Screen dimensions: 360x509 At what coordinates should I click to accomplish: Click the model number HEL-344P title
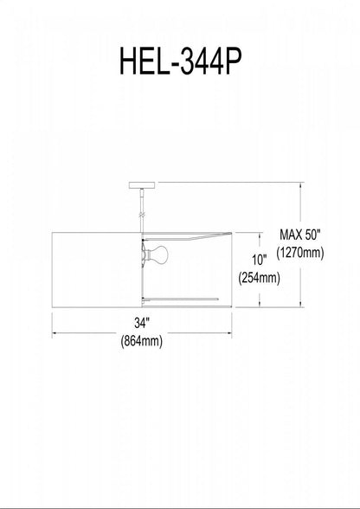pyautogui.click(x=181, y=61)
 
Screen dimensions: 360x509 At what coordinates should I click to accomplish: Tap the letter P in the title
pyautogui.click(x=232, y=61)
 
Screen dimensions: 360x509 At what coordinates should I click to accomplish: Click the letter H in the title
pyautogui.click(x=129, y=61)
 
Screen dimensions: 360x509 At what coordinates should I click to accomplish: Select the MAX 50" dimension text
pyautogui.click(x=300, y=235)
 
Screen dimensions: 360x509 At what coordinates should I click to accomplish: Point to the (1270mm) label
pyautogui.click(x=300, y=253)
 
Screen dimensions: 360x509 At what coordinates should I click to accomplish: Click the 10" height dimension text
pyautogui.click(x=259, y=260)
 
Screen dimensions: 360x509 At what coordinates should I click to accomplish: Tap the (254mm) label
pyautogui.click(x=259, y=278)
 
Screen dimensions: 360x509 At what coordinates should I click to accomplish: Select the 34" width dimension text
pyautogui.click(x=142, y=323)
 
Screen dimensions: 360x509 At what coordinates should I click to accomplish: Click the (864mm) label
pyautogui.click(x=142, y=341)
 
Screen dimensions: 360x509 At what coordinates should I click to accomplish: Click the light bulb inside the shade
pyautogui.click(x=159, y=254)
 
